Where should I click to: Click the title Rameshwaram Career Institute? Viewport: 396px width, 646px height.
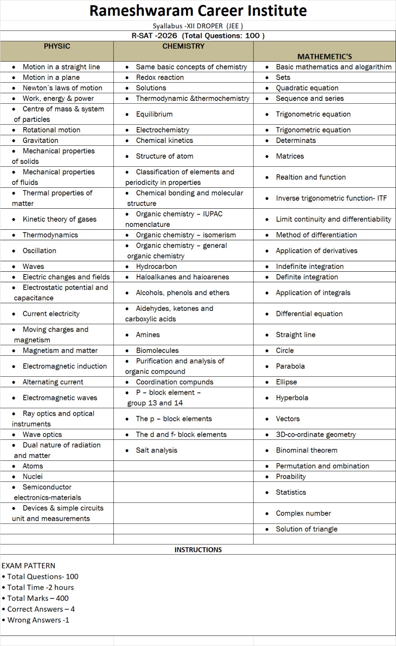(x=198, y=10)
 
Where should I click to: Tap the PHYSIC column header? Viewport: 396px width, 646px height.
(x=57, y=46)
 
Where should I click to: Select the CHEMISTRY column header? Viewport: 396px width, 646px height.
(x=183, y=46)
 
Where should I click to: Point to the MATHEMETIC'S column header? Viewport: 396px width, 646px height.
(x=325, y=57)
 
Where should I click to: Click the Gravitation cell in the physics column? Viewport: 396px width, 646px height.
(x=40, y=140)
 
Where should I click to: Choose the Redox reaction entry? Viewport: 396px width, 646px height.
(x=160, y=77)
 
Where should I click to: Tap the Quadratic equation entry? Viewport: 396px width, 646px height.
(x=307, y=88)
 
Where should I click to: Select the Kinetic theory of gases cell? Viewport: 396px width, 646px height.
(x=59, y=219)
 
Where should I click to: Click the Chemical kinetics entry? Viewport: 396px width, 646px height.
(x=164, y=140)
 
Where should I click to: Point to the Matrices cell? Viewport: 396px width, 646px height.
(x=290, y=156)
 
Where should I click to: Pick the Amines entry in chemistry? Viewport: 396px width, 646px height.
(x=148, y=334)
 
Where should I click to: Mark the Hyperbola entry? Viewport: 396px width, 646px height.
(x=292, y=397)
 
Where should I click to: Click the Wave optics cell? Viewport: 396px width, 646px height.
(x=42, y=434)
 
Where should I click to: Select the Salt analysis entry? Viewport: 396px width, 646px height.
(x=157, y=450)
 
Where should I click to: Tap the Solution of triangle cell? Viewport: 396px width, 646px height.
(x=306, y=529)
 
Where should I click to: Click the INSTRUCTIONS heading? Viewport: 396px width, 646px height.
(x=198, y=550)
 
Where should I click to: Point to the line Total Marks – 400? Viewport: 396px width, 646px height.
(x=38, y=598)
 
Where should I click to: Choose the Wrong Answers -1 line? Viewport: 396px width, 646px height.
(x=38, y=620)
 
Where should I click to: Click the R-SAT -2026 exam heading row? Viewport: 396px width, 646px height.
(x=198, y=36)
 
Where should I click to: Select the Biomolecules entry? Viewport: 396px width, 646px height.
(x=157, y=350)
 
